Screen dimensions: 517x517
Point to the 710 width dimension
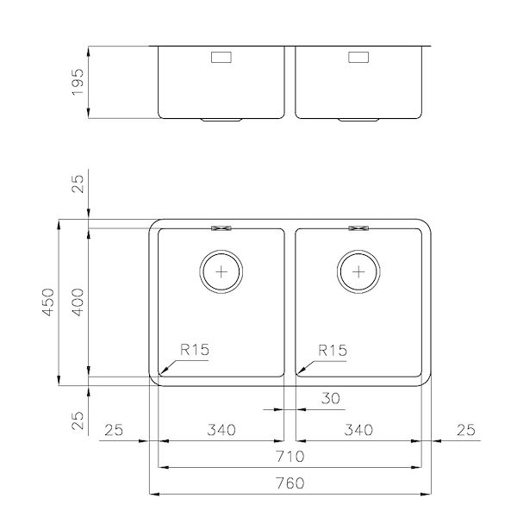coord(290,456)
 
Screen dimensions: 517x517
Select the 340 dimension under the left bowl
coord(223,429)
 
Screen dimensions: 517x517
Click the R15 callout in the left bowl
coord(196,351)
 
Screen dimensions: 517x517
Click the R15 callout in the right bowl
coord(332,351)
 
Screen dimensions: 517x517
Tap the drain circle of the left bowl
coord(223,271)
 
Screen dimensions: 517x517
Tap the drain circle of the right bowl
coord(359,271)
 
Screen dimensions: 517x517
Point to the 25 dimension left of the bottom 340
coord(117,429)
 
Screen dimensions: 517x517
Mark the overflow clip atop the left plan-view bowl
coord(222,228)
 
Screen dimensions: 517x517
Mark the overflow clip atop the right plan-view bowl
coord(358,228)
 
